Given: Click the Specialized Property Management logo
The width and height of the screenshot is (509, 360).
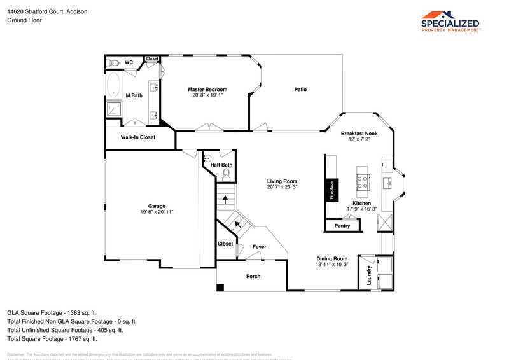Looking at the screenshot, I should tap(450, 21).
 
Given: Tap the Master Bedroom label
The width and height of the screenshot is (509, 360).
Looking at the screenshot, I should tap(207, 90).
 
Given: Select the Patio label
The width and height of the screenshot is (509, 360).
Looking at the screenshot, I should tap(300, 90).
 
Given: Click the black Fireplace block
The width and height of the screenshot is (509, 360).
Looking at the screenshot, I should tap(331, 189).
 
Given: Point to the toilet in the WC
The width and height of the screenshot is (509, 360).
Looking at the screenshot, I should tap(113, 62).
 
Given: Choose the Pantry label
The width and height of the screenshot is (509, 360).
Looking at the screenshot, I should tap(342, 226).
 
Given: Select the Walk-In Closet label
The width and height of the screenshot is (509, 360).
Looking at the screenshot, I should tap(138, 137).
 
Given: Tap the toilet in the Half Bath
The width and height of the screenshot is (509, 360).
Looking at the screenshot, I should tap(225, 172).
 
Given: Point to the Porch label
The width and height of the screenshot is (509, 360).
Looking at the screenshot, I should tap(253, 276).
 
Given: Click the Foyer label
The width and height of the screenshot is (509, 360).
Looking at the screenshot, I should tap(259, 247).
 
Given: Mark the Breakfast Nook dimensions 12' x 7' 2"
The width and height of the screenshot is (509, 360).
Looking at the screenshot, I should tap(359, 139).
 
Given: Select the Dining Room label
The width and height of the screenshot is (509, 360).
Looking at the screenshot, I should tap(332, 258).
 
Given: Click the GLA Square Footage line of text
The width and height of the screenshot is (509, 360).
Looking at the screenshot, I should tap(52, 312).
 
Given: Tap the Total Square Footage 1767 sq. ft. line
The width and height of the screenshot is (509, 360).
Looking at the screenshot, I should tap(52, 339).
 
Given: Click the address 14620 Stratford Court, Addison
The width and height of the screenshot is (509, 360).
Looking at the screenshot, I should tap(47, 11).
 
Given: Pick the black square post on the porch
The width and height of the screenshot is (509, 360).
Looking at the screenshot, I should tap(220, 287).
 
